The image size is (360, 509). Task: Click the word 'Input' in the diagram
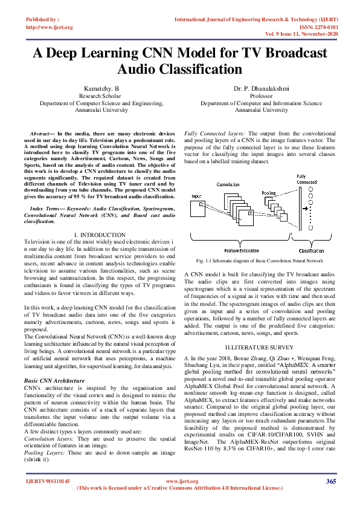tap(196, 196)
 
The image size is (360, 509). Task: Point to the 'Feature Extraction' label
tap(240, 250)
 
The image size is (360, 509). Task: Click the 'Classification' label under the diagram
tap(311, 250)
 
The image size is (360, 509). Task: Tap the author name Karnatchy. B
tap(100, 89)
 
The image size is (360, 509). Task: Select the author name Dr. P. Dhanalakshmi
tap(261, 89)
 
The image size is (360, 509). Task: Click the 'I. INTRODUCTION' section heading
tap(100, 235)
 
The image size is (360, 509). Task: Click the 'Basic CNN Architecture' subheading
tap(54, 380)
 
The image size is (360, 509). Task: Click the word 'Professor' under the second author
tap(261, 96)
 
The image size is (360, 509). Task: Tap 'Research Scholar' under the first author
tap(100, 96)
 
